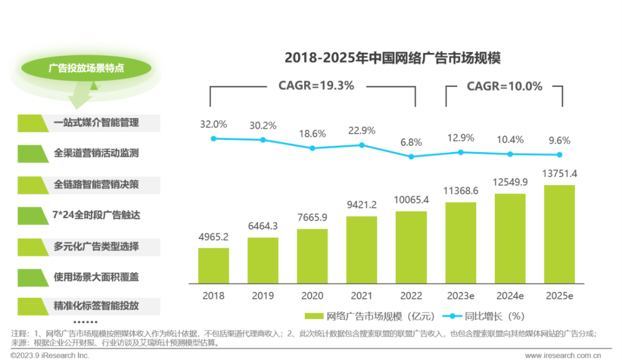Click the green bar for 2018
pos(213,266)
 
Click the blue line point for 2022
pos(411,156)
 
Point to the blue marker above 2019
pos(263,140)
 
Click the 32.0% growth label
pos(213,124)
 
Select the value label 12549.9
pos(510,182)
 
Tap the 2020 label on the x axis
pos(312,296)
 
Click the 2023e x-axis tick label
pos(460,296)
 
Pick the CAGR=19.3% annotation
pos(316,86)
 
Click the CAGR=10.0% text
pos(505,86)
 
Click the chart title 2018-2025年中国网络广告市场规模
pos(393,58)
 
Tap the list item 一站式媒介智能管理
pos(96,123)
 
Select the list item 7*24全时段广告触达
pos(97,215)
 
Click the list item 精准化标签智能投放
pos(96,305)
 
